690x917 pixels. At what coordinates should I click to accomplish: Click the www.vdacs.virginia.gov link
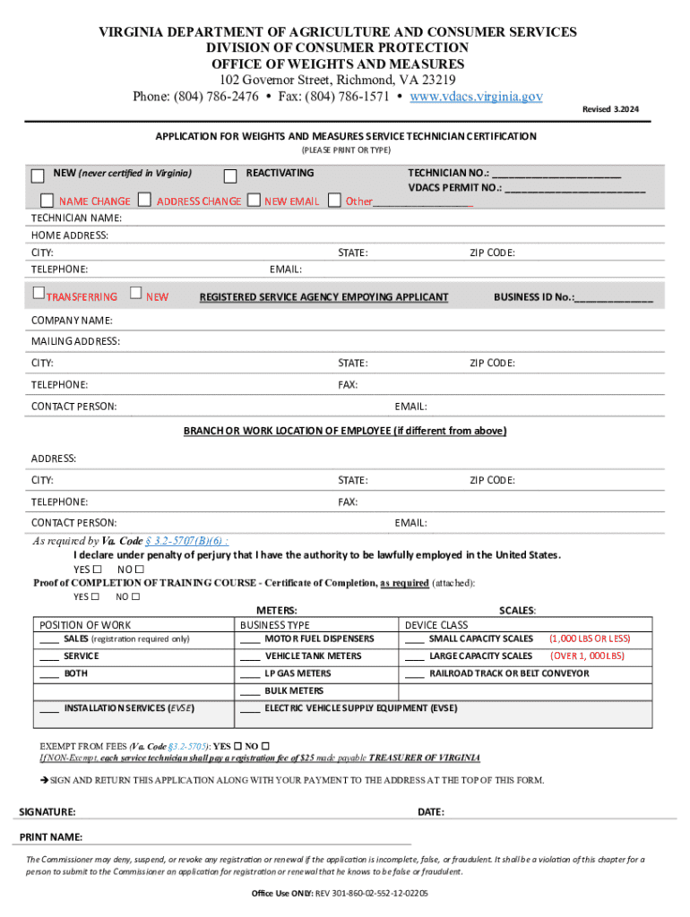475,97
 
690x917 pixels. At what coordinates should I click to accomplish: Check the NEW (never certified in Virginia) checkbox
38,175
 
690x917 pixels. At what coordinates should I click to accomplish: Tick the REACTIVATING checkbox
230,174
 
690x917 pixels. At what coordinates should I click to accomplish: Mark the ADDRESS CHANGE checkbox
145,200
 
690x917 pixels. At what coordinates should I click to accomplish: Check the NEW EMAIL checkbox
254,200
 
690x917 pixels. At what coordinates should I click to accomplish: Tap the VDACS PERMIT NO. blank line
574,189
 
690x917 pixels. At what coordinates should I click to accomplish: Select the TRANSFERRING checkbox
38,293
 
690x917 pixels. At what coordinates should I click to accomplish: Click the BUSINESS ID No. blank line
614,298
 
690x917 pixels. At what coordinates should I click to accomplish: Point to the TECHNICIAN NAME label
76,219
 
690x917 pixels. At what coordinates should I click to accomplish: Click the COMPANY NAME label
72,321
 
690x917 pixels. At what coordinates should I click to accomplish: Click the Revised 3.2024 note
611,109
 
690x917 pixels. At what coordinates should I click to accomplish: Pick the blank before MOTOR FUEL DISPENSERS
249,639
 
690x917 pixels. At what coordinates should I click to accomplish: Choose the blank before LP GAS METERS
249,673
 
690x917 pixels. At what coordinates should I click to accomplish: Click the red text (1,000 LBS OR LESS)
590,639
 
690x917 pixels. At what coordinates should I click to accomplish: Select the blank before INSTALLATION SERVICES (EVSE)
49,708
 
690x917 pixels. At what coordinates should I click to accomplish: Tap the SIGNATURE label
47,812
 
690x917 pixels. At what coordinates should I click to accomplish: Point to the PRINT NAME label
51,837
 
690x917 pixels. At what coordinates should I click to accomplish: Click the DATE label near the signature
431,812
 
